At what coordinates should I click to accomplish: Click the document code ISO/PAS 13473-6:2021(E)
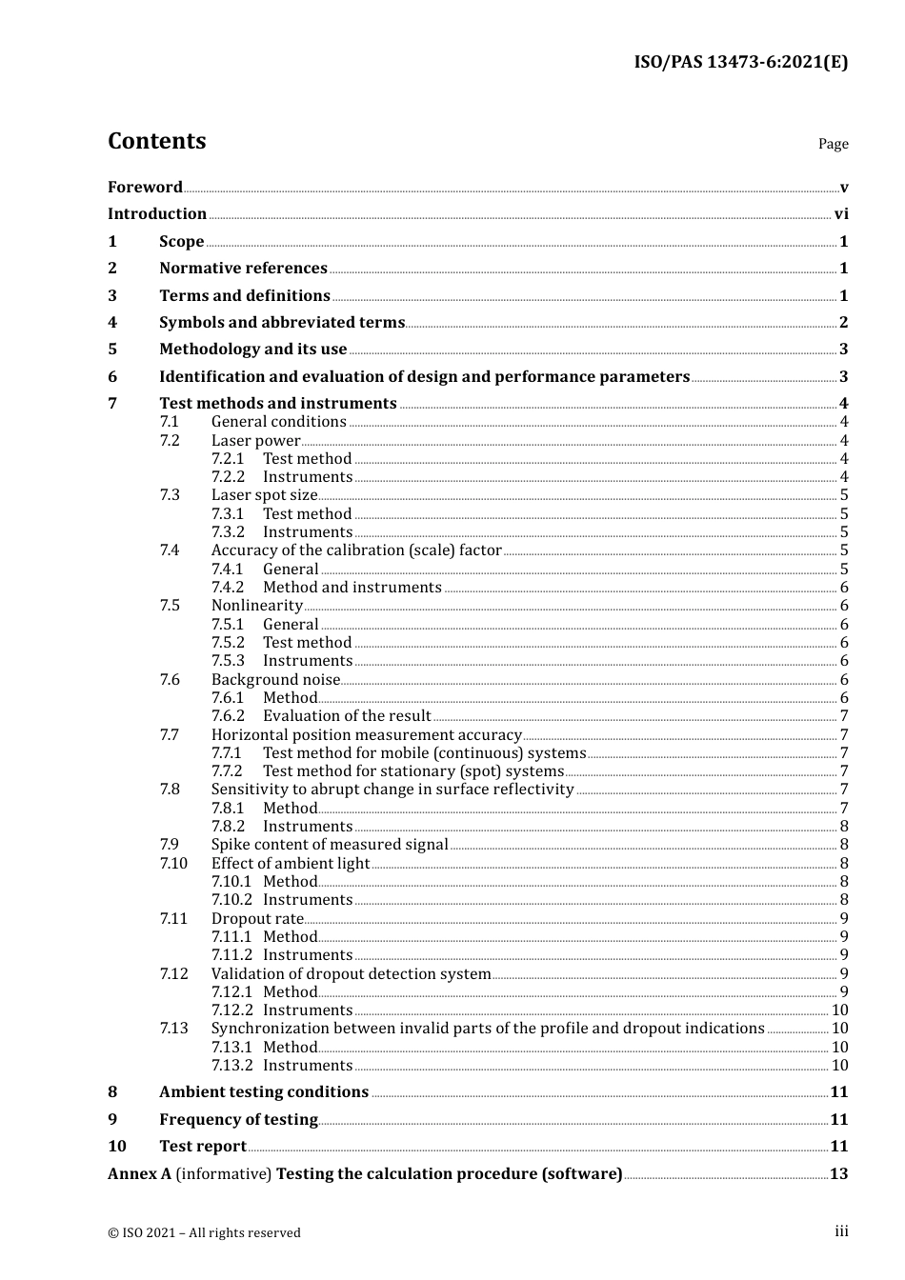(x=740, y=62)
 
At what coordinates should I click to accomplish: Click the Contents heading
(x=156, y=141)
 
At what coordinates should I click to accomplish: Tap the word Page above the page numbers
(x=833, y=144)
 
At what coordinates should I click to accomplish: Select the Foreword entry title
(x=145, y=187)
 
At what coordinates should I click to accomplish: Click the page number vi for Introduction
(x=840, y=214)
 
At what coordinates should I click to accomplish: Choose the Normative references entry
(x=243, y=269)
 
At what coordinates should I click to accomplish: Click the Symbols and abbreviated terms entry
(x=282, y=323)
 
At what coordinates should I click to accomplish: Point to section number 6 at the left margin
(x=112, y=377)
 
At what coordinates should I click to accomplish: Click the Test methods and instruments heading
(x=277, y=404)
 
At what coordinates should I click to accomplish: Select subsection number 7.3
(x=170, y=495)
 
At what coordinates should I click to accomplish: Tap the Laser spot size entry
(x=264, y=495)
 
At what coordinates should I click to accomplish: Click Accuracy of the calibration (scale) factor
(x=355, y=550)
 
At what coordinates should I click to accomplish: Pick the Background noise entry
(x=275, y=680)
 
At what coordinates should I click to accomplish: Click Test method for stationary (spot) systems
(x=412, y=771)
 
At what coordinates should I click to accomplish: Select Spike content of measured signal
(x=329, y=845)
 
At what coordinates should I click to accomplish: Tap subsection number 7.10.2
(x=231, y=900)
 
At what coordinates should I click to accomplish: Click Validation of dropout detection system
(x=351, y=974)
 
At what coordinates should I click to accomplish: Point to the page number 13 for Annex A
(x=838, y=1174)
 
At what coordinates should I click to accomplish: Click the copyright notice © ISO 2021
(x=204, y=1232)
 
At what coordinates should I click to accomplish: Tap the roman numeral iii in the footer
(x=841, y=1231)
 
